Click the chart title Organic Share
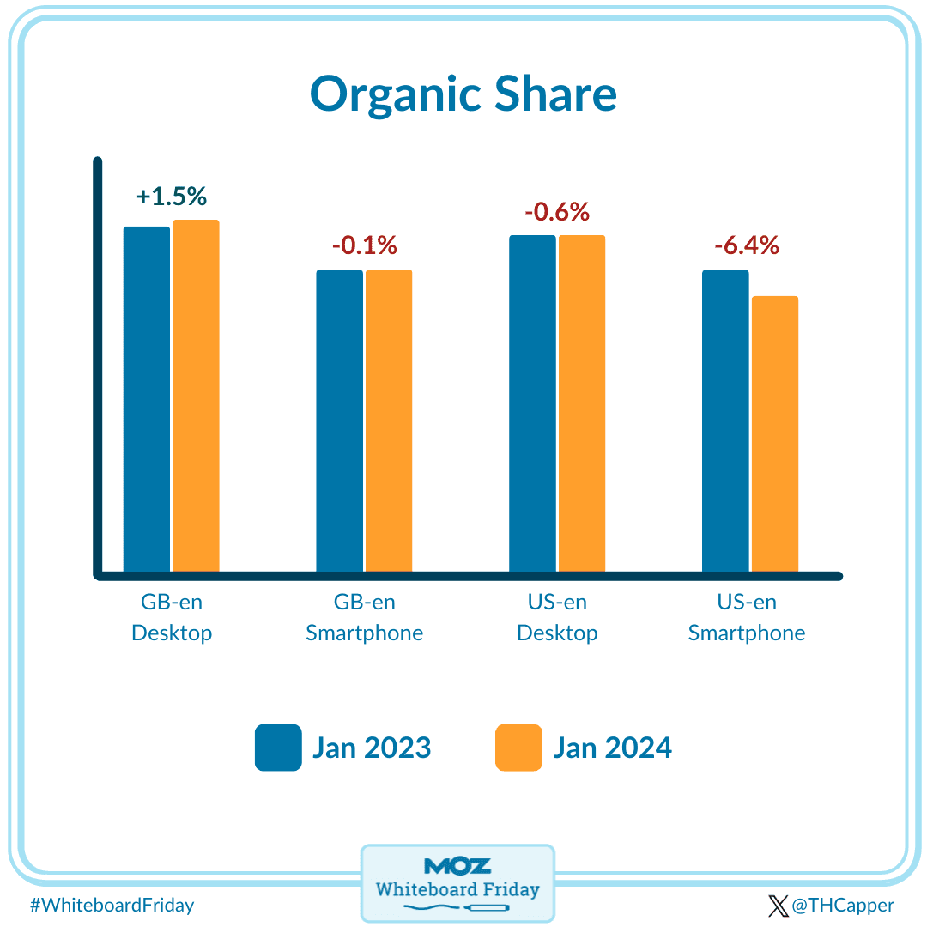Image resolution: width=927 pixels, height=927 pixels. click(x=463, y=94)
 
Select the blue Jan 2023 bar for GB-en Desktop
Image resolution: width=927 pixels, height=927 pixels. click(x=147, y=399)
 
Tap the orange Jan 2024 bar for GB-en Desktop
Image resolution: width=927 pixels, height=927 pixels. click(x=196, y=396)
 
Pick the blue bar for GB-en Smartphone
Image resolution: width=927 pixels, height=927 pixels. click(x=340, y=421)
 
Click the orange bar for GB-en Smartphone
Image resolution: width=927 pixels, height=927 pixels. click(x=389, y=421)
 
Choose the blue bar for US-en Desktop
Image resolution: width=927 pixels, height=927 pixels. click(x=532, y=403)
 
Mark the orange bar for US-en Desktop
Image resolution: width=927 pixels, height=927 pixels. click(x=582, y=403)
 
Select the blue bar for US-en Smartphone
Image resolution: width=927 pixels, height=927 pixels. click(x=725, y=421)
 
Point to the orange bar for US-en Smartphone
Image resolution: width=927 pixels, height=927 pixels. click(x=775, y=433)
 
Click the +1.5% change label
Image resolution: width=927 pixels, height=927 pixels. click(x=172, y=197)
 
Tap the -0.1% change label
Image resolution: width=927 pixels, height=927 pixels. click(x=365, y=245)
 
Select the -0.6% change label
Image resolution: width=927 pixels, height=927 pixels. click(x=557, y=211)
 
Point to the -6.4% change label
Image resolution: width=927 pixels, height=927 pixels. click(x=747, y=245)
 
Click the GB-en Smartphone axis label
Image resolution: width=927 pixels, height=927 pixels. click(x=365, y=618)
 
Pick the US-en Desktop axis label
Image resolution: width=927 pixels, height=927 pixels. click(x=557, y=618)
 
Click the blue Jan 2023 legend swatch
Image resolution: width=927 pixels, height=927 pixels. click(x=278, y=748)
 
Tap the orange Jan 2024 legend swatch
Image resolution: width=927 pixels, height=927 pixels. click(x=518, y=748)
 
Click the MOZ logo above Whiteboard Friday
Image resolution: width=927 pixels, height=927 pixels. click(x=457, y=866)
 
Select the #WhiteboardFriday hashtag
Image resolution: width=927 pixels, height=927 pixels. click(x=112, y=905)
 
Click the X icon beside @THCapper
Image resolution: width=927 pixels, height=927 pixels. click(x=778, y=906)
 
